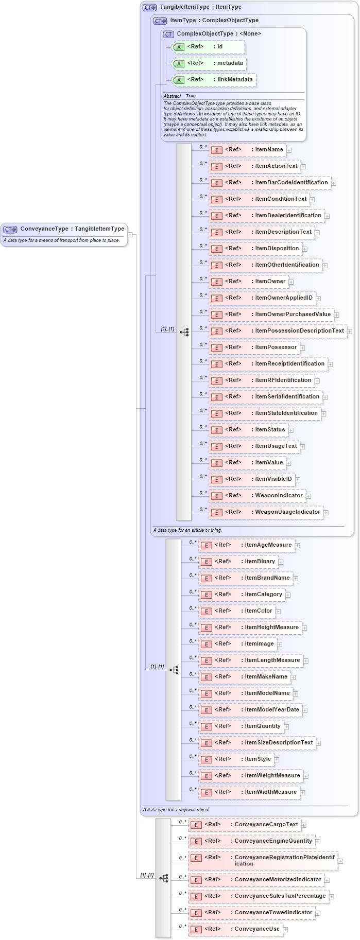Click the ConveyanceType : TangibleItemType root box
pos(64,229)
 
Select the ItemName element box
pos(247,150)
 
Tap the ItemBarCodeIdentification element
pos(269,183)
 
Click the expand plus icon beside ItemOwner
pos(291,282)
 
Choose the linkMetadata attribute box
pos(213,80)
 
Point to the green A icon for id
pos(179,47)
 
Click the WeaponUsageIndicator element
pos(266,512)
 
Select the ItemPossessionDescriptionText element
pos(278,331)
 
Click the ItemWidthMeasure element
pos(249,792)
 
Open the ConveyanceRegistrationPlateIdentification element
pos(262,861)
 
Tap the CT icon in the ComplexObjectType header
pos(168,34)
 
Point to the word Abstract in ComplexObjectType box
pos(172,96)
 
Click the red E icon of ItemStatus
pos(217,430)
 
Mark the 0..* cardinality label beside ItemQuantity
pos(193,723)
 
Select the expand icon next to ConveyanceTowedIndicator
pos(318,913)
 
